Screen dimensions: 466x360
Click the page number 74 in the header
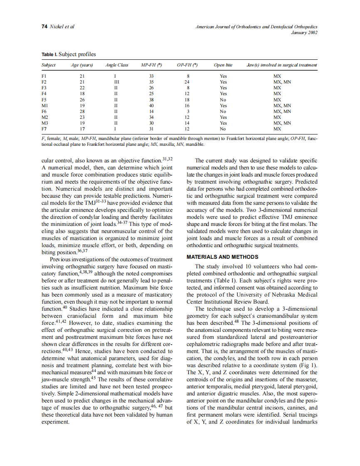coord(44,27)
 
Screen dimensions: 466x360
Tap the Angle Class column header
coord(117,65)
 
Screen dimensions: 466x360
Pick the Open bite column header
coord(223,65)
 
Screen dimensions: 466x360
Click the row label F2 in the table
coord(44,82)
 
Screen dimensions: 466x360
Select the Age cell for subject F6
coord(82,111)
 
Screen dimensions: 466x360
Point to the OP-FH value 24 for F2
coord(187,82)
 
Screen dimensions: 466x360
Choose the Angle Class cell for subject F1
coord(115,76)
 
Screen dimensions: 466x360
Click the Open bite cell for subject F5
coord(223,100)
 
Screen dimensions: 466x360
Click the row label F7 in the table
coord(44,129)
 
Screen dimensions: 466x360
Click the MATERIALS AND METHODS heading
coord(222,257)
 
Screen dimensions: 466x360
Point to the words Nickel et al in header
coord(62,27)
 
